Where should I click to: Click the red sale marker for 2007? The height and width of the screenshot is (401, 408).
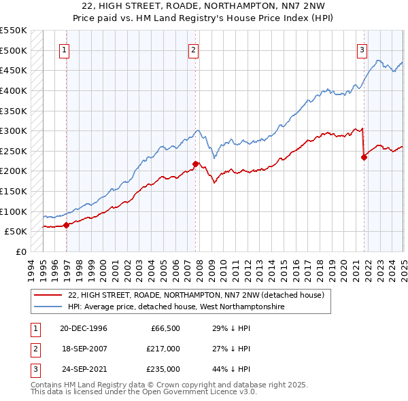click(x=195, y=164)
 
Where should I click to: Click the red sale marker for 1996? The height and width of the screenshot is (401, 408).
click(x=66, y=225)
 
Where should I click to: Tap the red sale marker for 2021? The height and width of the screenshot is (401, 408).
click(x=364, y=157)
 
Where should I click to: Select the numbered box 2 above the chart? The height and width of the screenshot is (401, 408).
click(x=194, y=50)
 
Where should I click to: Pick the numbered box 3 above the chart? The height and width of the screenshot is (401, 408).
click(x=362, y=50)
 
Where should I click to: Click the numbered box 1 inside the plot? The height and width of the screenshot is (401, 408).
click(x=65, y=50)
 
